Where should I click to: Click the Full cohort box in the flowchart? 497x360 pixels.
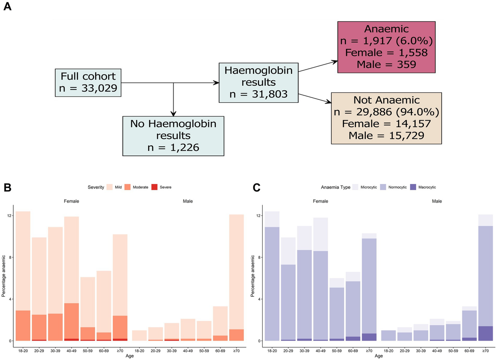[x=88, y=82]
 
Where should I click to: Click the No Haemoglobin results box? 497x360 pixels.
[x=174, y=136]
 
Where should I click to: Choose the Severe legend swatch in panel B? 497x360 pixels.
[x=154, y=187]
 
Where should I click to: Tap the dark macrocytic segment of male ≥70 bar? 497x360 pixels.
[x=485, y=333]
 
